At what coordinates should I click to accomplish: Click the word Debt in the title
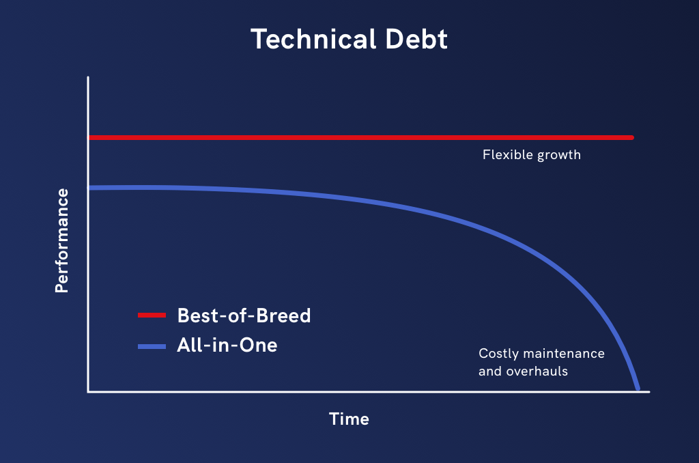click(x=416, y=39)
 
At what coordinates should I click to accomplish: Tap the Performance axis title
click(x=62, y=240)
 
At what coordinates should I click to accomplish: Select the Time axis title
click(x=349, y=419)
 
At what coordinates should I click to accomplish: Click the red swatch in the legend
click(x=152, y=315)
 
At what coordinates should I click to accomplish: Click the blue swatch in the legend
click(x=152, y=346)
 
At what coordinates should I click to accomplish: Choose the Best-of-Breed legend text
click(x=244, y=315)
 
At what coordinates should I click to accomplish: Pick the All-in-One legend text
click(x=227, y=346)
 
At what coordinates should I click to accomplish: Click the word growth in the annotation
click(x=559, y=156)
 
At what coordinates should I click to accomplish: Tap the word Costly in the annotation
click(x=499, y=354)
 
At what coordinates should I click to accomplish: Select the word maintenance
click(x=564, y=354)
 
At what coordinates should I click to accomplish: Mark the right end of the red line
click(x=632, y=138)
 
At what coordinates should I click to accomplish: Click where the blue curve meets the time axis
click(x=638, y=389)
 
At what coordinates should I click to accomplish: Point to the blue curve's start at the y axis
click(x=90, y=188)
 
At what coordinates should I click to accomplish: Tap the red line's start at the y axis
click(x=90, y=138)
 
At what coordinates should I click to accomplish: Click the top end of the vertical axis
click(x=88, y=78)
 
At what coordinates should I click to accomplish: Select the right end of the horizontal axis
click(x=649, y=391)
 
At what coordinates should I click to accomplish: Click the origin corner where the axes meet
click(x=88, y=391)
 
